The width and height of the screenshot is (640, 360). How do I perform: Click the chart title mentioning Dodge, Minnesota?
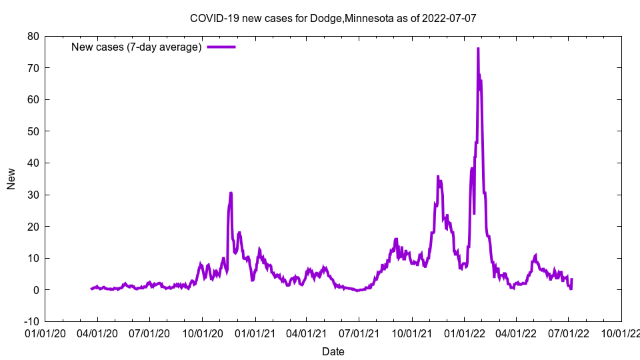pos(333,18)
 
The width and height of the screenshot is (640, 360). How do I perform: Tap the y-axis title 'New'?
pos(11,179)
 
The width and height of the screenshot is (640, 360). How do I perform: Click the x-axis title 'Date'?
pos(333,351)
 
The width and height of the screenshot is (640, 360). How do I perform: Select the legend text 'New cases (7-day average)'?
pos(136,47)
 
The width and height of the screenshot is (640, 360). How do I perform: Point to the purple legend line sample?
pos(221,47)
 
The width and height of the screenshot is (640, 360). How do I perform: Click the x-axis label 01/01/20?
pos(45,333)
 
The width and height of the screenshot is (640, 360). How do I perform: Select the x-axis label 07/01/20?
pos(150,333)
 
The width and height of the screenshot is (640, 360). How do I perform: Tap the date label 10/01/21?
pos(412,333)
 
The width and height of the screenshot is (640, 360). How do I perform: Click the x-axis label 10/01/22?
pos(621,333)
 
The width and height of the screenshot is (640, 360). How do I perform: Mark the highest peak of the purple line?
pos(478,49)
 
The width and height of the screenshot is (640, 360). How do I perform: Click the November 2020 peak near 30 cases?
pos(231,193)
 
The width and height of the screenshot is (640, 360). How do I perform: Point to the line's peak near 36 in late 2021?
pos(438,176)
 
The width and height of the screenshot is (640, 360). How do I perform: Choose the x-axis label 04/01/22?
pos(516,333)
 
